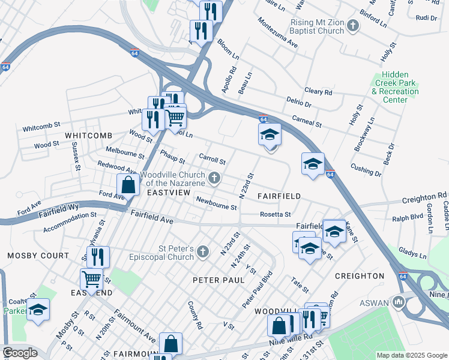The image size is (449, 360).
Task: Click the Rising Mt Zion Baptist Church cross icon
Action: pos(353,26)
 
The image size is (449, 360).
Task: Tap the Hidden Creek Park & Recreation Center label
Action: pos(395,87)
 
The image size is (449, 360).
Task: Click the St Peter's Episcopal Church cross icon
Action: pos(203,252)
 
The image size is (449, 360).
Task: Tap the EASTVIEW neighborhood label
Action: pos(168,192)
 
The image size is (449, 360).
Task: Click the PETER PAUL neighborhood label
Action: pos(218,280)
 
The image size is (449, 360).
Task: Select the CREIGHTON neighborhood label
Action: pos(360,276)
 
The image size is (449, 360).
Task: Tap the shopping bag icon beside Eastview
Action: pos(128,184)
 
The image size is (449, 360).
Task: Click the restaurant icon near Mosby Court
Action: pos(98,257)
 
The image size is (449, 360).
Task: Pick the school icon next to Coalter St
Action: pos(38,310)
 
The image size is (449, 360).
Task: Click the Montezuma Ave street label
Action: pos(278,36)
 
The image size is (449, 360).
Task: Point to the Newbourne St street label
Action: pos(216,205)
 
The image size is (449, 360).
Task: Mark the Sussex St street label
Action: pos(76,155)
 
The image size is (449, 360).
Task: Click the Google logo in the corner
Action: pos(20,353)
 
